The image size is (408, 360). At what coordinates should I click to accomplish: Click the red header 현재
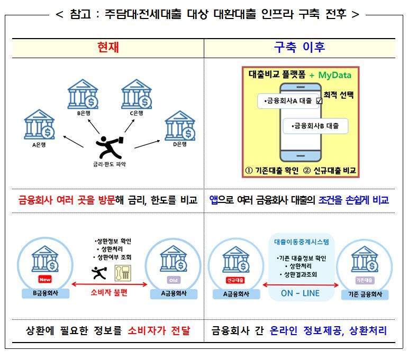(108, 47)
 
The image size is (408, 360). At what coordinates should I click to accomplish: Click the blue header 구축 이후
(300, 47)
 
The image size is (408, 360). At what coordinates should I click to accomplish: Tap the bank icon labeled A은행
(39, 125)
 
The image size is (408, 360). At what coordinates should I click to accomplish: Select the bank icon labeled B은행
(83, 94)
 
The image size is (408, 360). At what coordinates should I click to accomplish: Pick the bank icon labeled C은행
(137, 94)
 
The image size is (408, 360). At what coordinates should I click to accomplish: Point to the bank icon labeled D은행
(180, 126)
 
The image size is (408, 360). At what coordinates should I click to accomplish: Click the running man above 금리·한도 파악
(110, 147)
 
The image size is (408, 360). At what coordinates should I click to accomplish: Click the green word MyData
(335, 75)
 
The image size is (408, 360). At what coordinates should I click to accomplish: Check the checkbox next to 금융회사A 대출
(319, 101)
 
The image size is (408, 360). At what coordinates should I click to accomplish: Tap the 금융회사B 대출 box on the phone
(315, 126)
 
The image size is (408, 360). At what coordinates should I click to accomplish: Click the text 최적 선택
(339, 95)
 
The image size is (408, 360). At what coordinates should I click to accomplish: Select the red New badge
(45, 280)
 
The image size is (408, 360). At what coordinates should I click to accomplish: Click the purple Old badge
(174, 280)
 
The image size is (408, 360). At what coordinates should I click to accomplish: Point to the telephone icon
(123, 273)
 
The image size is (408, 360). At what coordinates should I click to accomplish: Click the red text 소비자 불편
(109, 293)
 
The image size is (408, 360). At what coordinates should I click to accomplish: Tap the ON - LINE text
(300, 293)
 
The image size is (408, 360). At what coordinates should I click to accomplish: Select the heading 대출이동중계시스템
(302, 242)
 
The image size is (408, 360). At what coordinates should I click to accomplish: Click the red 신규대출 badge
(235, 280)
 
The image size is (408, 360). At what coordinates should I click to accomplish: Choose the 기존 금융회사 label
(365, 294)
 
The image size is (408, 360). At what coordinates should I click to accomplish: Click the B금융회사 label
(46, 293)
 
